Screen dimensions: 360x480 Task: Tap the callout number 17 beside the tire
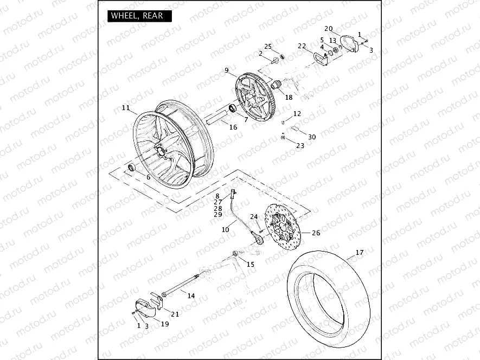(360, 253)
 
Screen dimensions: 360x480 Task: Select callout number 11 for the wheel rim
(126, 108)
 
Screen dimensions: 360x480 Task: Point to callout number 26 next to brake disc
(316, 233)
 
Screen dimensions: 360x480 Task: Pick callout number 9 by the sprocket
(227, 70)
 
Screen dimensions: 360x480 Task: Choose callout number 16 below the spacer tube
(233, 127)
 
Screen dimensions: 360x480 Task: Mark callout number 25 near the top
(268, 46)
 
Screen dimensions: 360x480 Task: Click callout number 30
(311, 137)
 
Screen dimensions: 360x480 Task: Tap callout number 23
(300, 145)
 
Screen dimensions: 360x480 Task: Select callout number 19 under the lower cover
(165, 324)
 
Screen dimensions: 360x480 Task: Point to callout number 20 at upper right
(329, 28)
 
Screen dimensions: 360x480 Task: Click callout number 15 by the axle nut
(250, 264)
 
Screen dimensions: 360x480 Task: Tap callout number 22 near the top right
(302, 46)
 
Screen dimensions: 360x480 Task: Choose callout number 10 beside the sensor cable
(225, 230)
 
